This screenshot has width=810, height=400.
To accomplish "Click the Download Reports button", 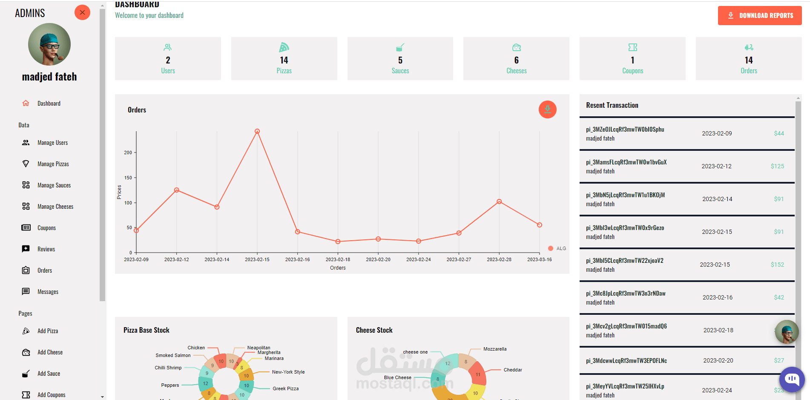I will (x=759, y=16).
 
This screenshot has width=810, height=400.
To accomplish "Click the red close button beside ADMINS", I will (x=82, y=12).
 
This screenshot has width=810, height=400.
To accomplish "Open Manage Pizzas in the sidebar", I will (x=53, y=164).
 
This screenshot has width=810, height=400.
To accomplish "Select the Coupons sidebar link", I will (x=46, y=228).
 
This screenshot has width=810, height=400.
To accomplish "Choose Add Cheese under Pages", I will (x=50, y=352).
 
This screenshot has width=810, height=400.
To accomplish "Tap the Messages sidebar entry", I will (x=48, y=292).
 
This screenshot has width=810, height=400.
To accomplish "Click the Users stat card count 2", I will (x=168, y=60).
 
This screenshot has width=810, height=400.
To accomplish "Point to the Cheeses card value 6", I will (x=516, y=60).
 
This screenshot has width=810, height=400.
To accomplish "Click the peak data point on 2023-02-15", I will (x=257, y=131).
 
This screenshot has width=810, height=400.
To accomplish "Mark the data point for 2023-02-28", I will (x=499, y=201).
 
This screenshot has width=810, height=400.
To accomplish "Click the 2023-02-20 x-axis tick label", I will (x=378, y=259).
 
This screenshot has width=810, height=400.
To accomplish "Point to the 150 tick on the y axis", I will (x=128, y=178).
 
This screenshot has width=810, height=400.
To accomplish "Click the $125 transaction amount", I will (x=777, y=166).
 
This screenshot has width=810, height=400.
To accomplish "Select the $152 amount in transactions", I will (x=777, y=265).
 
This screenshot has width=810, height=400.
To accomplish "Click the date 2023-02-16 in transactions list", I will (x=718, y=297).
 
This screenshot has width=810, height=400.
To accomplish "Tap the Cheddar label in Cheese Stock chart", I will (x=513, y=370).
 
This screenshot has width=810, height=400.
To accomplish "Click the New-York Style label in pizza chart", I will (x=288, y=372).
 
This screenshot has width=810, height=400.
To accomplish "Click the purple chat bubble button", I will (x=792, y=379).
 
